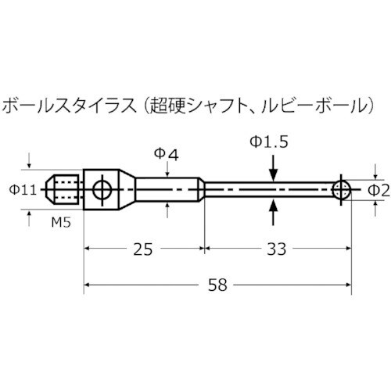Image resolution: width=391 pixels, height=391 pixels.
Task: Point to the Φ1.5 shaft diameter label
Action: (x=270, y=142)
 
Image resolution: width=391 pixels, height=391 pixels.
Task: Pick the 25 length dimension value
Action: (x=143, y=249)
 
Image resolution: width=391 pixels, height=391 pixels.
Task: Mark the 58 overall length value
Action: (x=217, y=285)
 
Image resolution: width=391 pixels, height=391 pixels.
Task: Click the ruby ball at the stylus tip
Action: (x=341, y=189)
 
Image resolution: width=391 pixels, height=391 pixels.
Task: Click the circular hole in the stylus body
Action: (x=101, y=189)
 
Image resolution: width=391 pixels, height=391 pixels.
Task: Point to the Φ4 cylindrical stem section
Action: (x=164, y=189)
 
